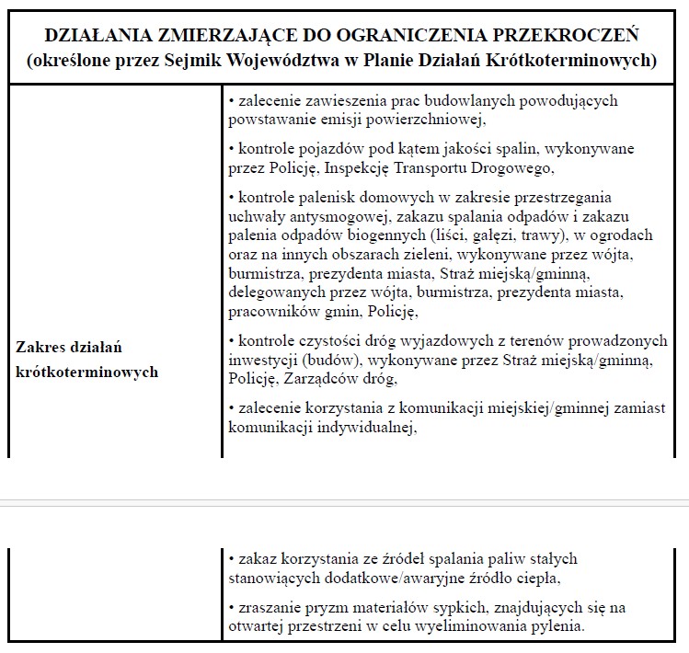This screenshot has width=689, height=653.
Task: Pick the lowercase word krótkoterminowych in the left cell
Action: pyautogui.click(x=87, y=372)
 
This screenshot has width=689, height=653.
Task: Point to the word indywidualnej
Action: pyautogui.click(x=367, y=426)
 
